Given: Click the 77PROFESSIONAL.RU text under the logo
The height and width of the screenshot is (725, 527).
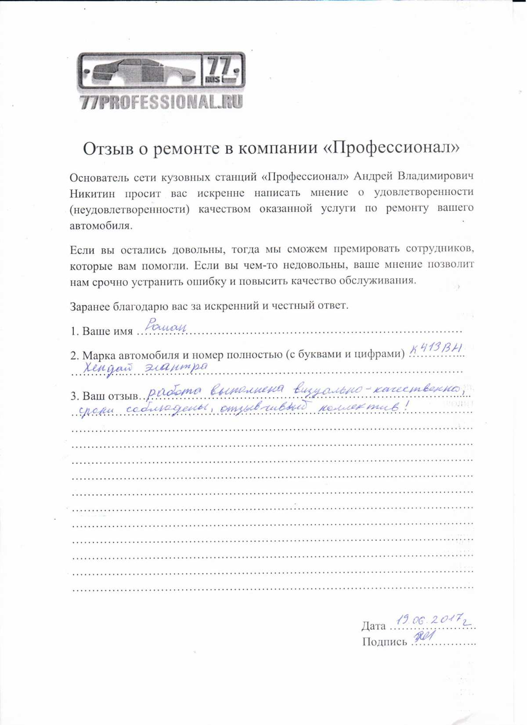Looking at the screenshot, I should (x=161, y=102).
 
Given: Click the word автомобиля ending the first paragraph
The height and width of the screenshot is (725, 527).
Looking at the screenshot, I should (x=101, y=226).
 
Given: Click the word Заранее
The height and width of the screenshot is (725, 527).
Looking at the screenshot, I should (x=90, y=306).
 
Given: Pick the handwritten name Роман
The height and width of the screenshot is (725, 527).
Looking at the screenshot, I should (x=166, y=326).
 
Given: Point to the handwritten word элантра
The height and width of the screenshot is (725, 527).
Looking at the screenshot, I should (x=176, y=366).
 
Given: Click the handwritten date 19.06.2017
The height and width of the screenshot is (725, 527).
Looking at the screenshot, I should (x=432, y=620).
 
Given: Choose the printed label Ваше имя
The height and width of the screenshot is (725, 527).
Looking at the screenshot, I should (x=107, y=331).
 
